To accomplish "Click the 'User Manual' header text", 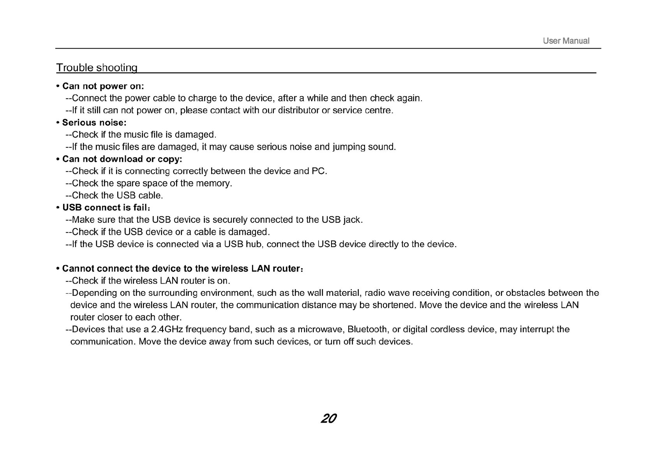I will coord(566,41).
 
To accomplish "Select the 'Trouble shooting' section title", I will coord(97,68).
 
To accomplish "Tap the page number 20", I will coord(328,418).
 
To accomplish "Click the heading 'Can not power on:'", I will coord(103,86).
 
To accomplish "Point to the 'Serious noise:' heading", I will coord(94,123).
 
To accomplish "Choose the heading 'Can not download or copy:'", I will coord(122,159).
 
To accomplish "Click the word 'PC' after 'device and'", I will coord(318,171).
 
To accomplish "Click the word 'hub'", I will coord(253,244).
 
